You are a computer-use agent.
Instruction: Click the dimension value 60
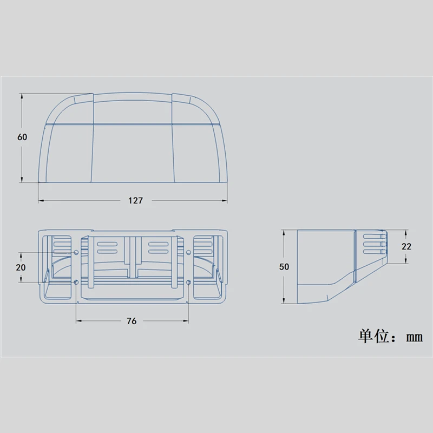(22, 137)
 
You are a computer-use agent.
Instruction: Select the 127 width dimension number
(136, 200)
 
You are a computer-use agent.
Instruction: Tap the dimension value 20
(21, 267)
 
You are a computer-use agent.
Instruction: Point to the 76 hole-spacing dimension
(132, 321)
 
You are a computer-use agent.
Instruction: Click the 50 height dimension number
(284, 267)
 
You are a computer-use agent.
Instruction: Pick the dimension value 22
(406, 246)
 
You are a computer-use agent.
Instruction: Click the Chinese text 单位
(374, 336)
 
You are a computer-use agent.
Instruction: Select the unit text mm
(414, 337)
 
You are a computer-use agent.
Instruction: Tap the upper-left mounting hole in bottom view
(76, 252)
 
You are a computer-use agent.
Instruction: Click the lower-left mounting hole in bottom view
(76, 282)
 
